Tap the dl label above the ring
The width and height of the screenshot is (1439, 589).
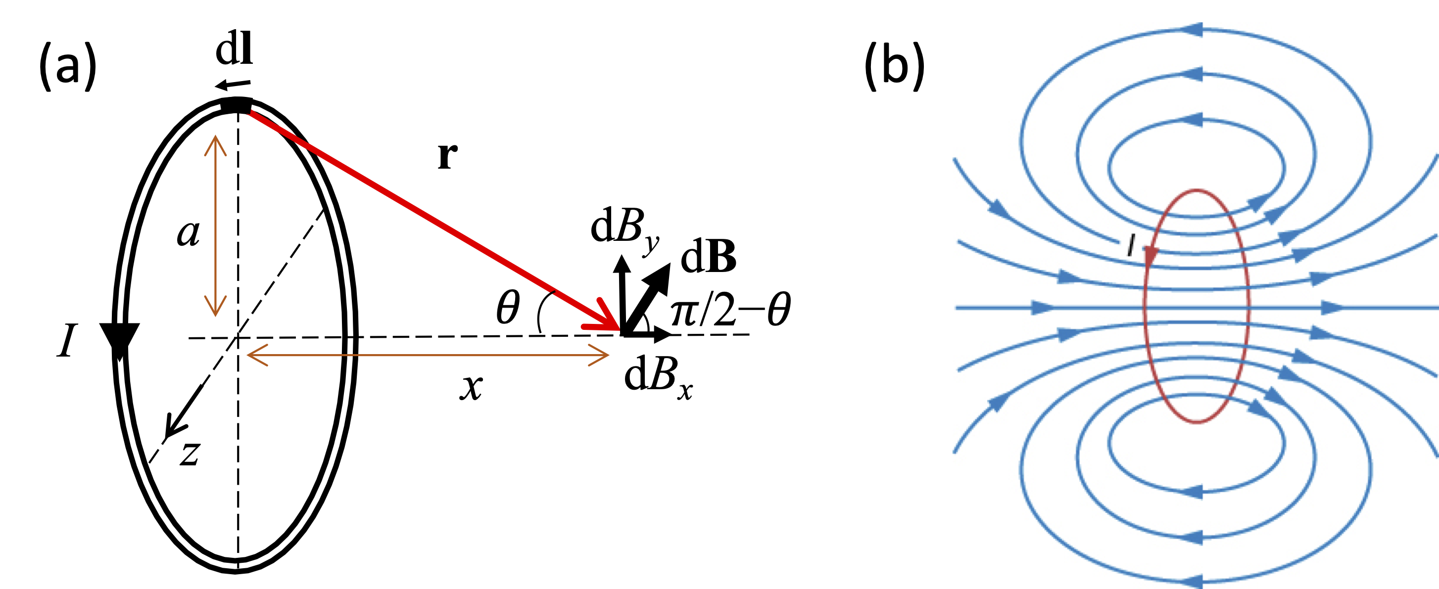[x=234, y=49]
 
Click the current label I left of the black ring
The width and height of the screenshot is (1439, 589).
[x=67, y=341]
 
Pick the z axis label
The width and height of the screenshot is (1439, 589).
[x=191, y=453]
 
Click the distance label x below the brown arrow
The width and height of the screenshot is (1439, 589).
[x=472, y=386]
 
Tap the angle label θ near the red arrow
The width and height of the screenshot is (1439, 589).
[x=508, y=308]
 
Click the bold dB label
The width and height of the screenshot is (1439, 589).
[x=708, y=257]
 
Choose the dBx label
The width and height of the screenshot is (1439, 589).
[x=658, y=376]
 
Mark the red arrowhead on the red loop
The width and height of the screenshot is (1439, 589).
[x=1151, y=256]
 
